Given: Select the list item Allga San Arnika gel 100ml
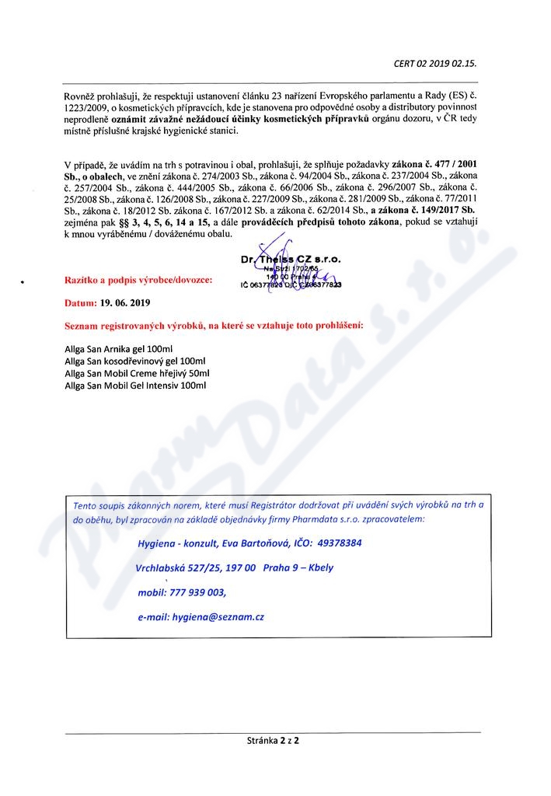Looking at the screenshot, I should point(119,349).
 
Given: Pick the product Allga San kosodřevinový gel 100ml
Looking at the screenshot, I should point(134,361).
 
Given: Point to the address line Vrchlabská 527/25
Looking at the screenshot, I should point(178,567).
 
